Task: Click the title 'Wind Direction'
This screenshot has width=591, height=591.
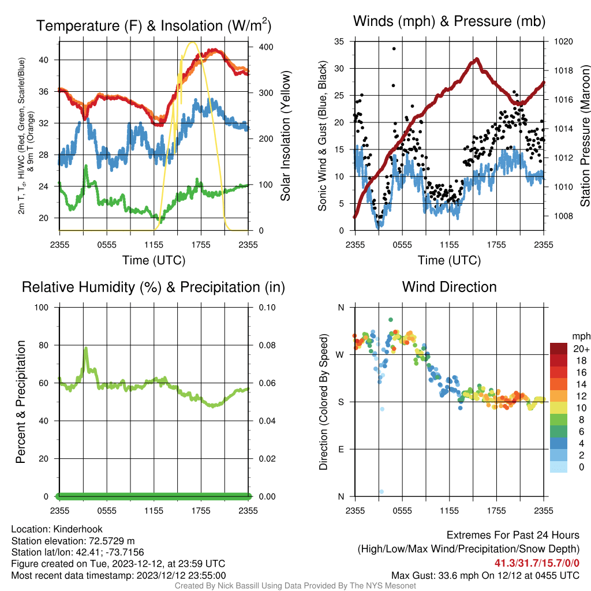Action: pos(449,287)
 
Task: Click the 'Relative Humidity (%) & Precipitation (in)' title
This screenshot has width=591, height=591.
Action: pos(154,287)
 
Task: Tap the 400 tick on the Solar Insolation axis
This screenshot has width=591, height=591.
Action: pos(265,47)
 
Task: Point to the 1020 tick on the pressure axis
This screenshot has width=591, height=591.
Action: pos(563,42)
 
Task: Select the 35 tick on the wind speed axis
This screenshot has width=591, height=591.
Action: pos(339,42)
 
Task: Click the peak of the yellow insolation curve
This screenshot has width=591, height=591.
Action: pos(193,43)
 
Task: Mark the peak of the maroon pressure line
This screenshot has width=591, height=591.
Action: pos(477,59)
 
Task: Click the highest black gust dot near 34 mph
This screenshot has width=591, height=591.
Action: pos(394,48)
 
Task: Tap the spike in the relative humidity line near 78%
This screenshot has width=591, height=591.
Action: pos(86,348)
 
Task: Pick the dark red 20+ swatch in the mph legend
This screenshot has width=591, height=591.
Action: pos(559,349)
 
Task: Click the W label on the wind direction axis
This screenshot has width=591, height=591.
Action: pos(340,355)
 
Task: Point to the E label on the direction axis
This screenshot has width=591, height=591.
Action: pos(341,449)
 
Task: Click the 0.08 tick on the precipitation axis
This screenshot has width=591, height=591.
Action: pos(267,345)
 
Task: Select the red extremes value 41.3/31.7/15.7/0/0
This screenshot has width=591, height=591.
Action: pos(537,563)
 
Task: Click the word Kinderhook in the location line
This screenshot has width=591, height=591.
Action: pos(78,529)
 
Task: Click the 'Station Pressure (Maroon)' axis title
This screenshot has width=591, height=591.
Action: pos(585,136)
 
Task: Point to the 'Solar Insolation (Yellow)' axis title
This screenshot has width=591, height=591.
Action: pos(286,136)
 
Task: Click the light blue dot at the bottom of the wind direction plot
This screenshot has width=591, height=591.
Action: pos(381,492)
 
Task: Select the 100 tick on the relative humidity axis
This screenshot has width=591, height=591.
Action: pos(42,308)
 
